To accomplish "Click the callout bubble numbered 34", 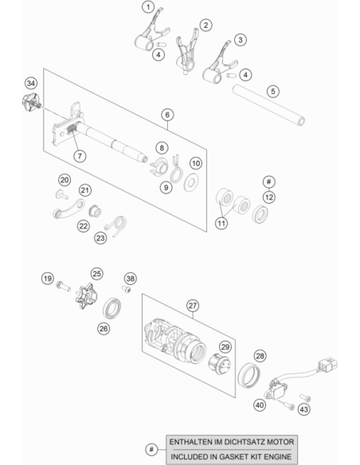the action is (31, 84).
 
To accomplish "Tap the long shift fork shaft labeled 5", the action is (268, 104).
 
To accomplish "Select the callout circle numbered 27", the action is (193, 306).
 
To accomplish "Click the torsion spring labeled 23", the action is (116, 225).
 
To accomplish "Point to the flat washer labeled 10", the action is (191, 182).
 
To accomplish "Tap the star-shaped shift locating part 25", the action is (86, 296).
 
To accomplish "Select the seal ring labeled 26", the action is (112, 308).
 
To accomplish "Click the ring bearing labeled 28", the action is (249, 374).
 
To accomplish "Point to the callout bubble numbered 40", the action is (260, 404).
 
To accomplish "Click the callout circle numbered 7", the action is (80, 156).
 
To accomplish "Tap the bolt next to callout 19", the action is (63, 286).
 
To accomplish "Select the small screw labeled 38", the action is (127, 288).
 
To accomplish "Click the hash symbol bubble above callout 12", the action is (269, 182).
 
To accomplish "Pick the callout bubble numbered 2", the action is (205, 25).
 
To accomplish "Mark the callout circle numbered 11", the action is (221, 223).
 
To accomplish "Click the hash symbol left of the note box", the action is (151, 449).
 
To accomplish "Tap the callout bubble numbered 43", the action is (303, 409).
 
